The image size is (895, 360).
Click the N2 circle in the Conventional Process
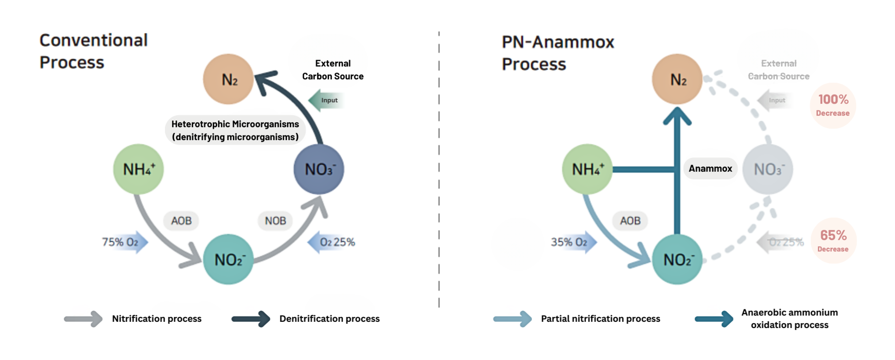pyautogui.click(x=228, y=79)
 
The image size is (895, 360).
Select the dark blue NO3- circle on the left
pyautogui.click(x=319, y=169)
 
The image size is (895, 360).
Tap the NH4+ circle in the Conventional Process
pyautogui.click(x=138, y=169)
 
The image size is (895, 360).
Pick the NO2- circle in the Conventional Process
pyautogui.click(x=228, y=259)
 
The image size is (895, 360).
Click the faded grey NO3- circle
pyautogui.click(x=767, y=169)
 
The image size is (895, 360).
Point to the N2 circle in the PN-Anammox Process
pyautogui.click(x=677, y=79)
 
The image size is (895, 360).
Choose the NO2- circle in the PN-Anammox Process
pyautogui.click(x=677, y=259)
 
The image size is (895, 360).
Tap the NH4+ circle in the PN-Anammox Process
pyautogui.click(x=587, y=169)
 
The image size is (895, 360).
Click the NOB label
pyautogui.click(x=276, y=220)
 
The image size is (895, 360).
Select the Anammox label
pyautogui.click(x=710, y=168)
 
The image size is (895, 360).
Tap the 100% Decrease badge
pyautogui.click(x=833, y=105)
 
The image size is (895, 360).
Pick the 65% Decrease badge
pyautogui.click(x=833, y=240)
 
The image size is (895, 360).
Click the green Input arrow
pyautogui.click(x=326, y=100)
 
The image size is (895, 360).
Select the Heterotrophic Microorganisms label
pyautogui.click(x=235, y=130)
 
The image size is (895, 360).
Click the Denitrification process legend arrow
pyautogui.click(x=251, y=319)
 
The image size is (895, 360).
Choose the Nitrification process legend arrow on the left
pyautogui.click(x=83, y=319)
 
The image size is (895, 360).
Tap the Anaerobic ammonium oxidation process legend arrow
pyautogui.click(x=714, y=319)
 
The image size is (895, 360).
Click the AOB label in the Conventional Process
pyautogui.click(x=181, y=220)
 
